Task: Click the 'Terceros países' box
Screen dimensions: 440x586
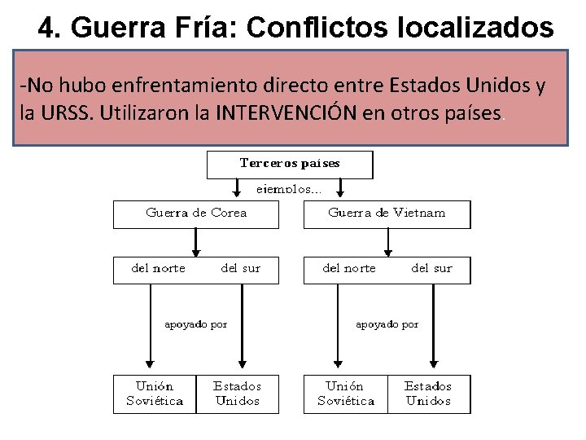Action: click(x=290, y=164)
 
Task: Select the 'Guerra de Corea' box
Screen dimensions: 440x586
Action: click(x=195, y=214)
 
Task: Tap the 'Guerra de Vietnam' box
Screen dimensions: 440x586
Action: click(x=387, y=214)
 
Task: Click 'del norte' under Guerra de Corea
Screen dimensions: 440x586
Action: click(x=159, y=269)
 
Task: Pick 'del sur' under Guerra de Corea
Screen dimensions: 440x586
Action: click(x=241, y=269)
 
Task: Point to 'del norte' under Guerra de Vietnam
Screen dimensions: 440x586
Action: click(x=349, y=269)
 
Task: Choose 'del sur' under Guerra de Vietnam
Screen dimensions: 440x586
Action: click(x=431, y=269)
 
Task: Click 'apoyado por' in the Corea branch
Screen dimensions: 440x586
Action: click(x=196, y=324)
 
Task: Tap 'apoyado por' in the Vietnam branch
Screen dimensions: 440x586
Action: click(x=387, y=324)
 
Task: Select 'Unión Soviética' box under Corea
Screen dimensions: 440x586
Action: click(x=155, y=394)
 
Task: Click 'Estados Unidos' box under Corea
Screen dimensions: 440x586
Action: click(x=237, y=394)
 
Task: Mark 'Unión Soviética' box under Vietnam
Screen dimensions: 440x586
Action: click(x=346, y=394)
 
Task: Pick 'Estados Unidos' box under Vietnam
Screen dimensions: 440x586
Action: click(x=428, y=394)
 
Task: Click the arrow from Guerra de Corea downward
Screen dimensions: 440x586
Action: click(x=195, y=242)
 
